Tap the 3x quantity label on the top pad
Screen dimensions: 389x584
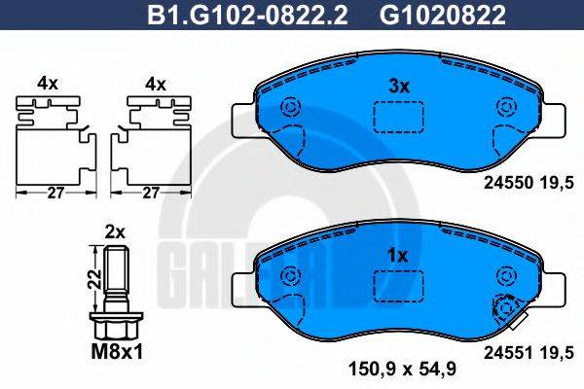(x=398, y=86)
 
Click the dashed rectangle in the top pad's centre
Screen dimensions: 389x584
(x=397, y=116)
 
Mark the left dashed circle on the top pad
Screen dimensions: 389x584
(x=290, y=109)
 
